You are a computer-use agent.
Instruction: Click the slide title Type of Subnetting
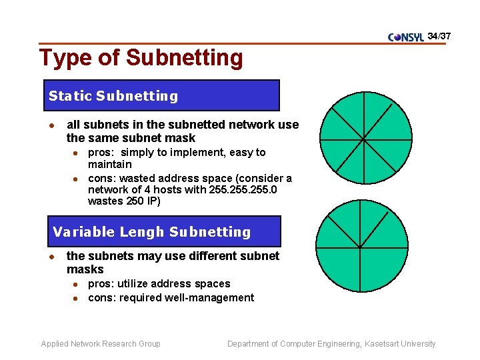coord(141,58)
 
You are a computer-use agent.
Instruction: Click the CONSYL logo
coord(406,37)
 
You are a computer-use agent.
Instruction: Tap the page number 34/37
coord(439,35)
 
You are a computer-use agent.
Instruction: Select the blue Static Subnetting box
coord(161,95)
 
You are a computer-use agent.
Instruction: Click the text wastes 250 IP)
coord(124,201)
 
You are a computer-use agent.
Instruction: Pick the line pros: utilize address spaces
coord(159,283)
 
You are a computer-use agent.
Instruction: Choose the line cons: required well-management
coord(171,297)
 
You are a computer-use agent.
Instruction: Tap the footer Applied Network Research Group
coord(101,344)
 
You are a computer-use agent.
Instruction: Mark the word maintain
coord(110,164)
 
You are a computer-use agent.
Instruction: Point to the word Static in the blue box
coord(70,96)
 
